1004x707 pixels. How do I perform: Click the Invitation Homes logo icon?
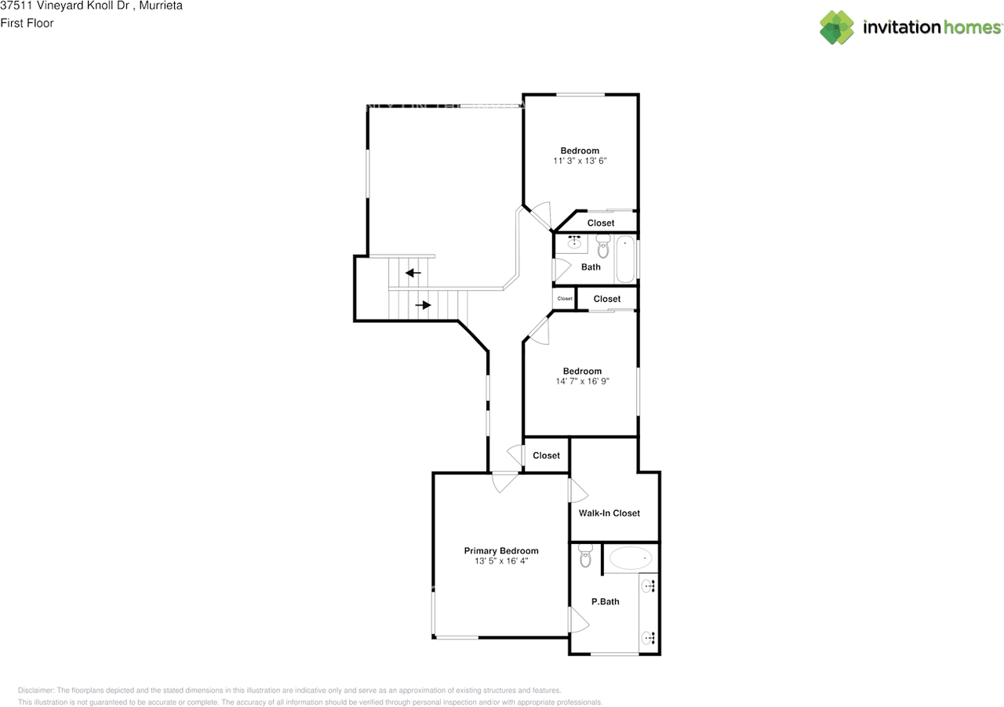point(837,27)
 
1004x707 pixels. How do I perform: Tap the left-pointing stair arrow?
point(413,273)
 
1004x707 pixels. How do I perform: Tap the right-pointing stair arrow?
point(423,305)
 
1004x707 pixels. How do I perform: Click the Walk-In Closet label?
point(609,513)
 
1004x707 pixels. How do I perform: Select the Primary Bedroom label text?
point(500,551)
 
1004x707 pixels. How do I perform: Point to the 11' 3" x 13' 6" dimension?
point(580,161)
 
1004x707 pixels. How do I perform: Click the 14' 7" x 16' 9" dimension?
point(581,382)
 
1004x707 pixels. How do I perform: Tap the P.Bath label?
point(605,602)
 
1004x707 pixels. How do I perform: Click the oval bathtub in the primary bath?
point(631,558)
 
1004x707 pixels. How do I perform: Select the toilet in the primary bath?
point(585,557)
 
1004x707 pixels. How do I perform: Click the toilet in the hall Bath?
point(602,248)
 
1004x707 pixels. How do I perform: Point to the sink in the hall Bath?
point(573,243)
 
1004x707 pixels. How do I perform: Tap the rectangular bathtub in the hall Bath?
point(625,259)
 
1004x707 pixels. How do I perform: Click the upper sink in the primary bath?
point(649,585)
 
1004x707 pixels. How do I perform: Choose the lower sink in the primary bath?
point(649,638)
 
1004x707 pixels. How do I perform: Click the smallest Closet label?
point(565,299)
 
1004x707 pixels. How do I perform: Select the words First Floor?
point(27,23)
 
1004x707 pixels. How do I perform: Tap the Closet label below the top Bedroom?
point(601,223)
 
